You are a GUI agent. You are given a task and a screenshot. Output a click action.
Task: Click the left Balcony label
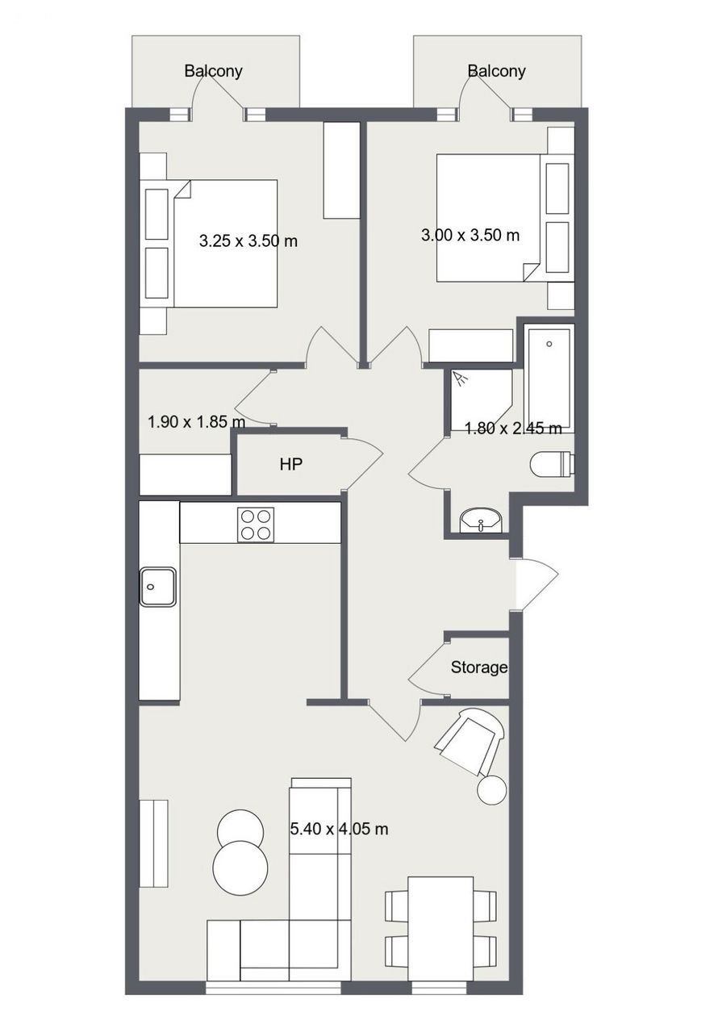(213, 71)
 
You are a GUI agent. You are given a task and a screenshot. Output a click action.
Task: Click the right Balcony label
(496, 71)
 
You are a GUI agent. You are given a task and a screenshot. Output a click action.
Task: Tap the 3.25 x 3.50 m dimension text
(248, 240)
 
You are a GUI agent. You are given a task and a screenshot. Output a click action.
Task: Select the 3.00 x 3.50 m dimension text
(470, 235)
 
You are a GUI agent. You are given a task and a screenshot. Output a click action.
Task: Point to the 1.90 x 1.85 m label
(196, 421)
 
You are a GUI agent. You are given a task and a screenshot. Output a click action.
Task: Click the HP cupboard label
(290, 464)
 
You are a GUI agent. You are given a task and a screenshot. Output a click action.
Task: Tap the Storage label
(479, 667)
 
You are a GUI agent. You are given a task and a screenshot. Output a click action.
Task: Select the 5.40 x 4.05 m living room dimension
(339, 829)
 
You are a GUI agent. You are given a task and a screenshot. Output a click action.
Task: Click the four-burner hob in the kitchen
(255, 525)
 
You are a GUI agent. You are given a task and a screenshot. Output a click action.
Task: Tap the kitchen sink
(158, 587)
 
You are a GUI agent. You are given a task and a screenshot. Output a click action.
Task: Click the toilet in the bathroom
(552, 464)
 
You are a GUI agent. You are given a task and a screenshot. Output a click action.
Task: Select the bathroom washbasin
(482, 521)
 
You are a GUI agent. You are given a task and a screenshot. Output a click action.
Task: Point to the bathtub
(549, 378)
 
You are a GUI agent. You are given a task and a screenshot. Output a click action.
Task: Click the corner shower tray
(481, 399)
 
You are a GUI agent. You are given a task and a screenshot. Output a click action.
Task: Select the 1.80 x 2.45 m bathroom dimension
(513, 429)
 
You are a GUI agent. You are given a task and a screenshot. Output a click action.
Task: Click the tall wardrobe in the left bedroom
(341, 170)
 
